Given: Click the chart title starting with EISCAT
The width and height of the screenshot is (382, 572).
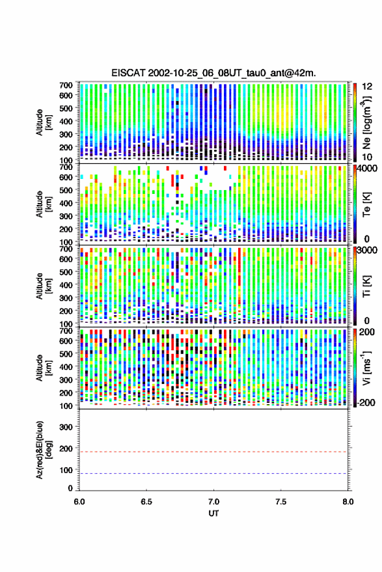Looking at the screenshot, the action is [x=213, y=73].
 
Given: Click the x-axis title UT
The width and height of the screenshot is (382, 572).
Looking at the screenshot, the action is [x=213, y=513].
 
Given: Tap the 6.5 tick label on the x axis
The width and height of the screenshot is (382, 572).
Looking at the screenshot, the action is [x=146, y=502].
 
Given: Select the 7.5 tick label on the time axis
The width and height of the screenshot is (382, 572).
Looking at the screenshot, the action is [x=280, y=502].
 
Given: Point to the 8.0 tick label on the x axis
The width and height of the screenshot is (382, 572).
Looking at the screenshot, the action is [x=348, y=502].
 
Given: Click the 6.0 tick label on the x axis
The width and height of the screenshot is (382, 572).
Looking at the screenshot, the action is [x=79, y=502].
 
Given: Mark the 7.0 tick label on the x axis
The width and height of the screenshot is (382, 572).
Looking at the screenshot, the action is [x=213, y=502].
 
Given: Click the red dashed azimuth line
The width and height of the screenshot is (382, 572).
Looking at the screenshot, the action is [x=213, y=452].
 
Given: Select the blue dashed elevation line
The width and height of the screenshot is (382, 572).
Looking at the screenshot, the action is [x=213, y=474].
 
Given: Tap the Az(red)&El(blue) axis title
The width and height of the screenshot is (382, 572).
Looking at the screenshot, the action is [x=44, y=450].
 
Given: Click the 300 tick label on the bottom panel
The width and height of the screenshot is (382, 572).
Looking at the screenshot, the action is [x=66, y=427].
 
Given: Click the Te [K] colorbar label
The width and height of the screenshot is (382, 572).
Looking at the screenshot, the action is [x=366, y=204].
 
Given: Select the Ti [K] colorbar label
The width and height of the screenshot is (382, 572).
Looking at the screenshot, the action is [x=366, y=286].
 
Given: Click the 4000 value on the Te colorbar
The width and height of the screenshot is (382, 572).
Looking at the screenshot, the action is [x=368, y=169].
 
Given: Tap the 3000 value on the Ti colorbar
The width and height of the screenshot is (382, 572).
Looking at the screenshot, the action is [x=368, y=251].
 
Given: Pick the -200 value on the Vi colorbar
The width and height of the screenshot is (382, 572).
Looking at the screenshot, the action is [x=366, y=402].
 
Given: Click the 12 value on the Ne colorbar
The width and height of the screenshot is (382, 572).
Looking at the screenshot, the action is [x=368, y=87].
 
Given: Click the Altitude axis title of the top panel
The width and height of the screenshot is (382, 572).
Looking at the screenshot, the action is [x=44, y=122].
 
